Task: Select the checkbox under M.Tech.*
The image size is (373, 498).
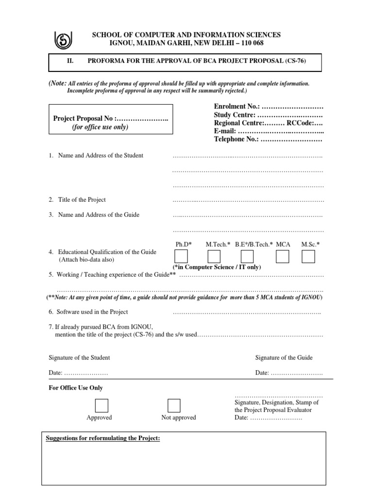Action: (214, 256)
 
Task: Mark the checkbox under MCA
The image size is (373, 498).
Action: (282, 256)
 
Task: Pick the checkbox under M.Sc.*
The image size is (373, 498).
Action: (308, 256)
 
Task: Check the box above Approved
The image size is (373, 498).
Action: (102, 405)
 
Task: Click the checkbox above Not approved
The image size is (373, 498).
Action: (174, 405)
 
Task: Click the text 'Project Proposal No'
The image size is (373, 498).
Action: (84, 119)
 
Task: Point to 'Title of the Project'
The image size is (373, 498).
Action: (82, 200)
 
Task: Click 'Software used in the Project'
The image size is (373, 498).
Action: (93, 312)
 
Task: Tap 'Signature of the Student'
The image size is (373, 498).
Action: (79, 357)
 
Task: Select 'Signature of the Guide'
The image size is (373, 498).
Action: (284, 357)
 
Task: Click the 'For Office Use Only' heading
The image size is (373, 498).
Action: (76, 388)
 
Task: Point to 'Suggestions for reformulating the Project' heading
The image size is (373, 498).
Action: (102, 438)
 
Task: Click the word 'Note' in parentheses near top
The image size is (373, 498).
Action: (58, 83)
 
